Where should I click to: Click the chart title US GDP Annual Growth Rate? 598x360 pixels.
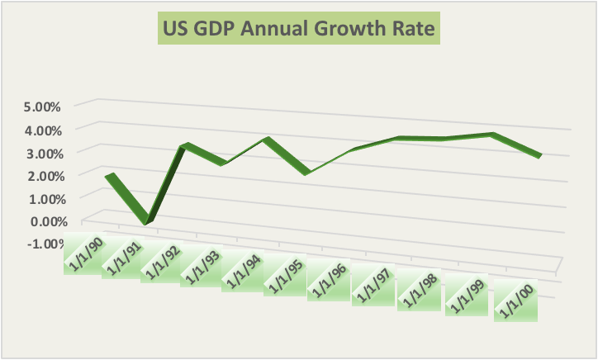tap(299, 31)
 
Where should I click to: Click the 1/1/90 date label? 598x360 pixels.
tap(84, 254)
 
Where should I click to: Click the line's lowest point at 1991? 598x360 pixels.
tap(146, 220)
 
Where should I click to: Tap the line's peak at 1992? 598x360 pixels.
tap(186, 146)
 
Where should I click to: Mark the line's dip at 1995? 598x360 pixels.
tap(306, 173)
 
